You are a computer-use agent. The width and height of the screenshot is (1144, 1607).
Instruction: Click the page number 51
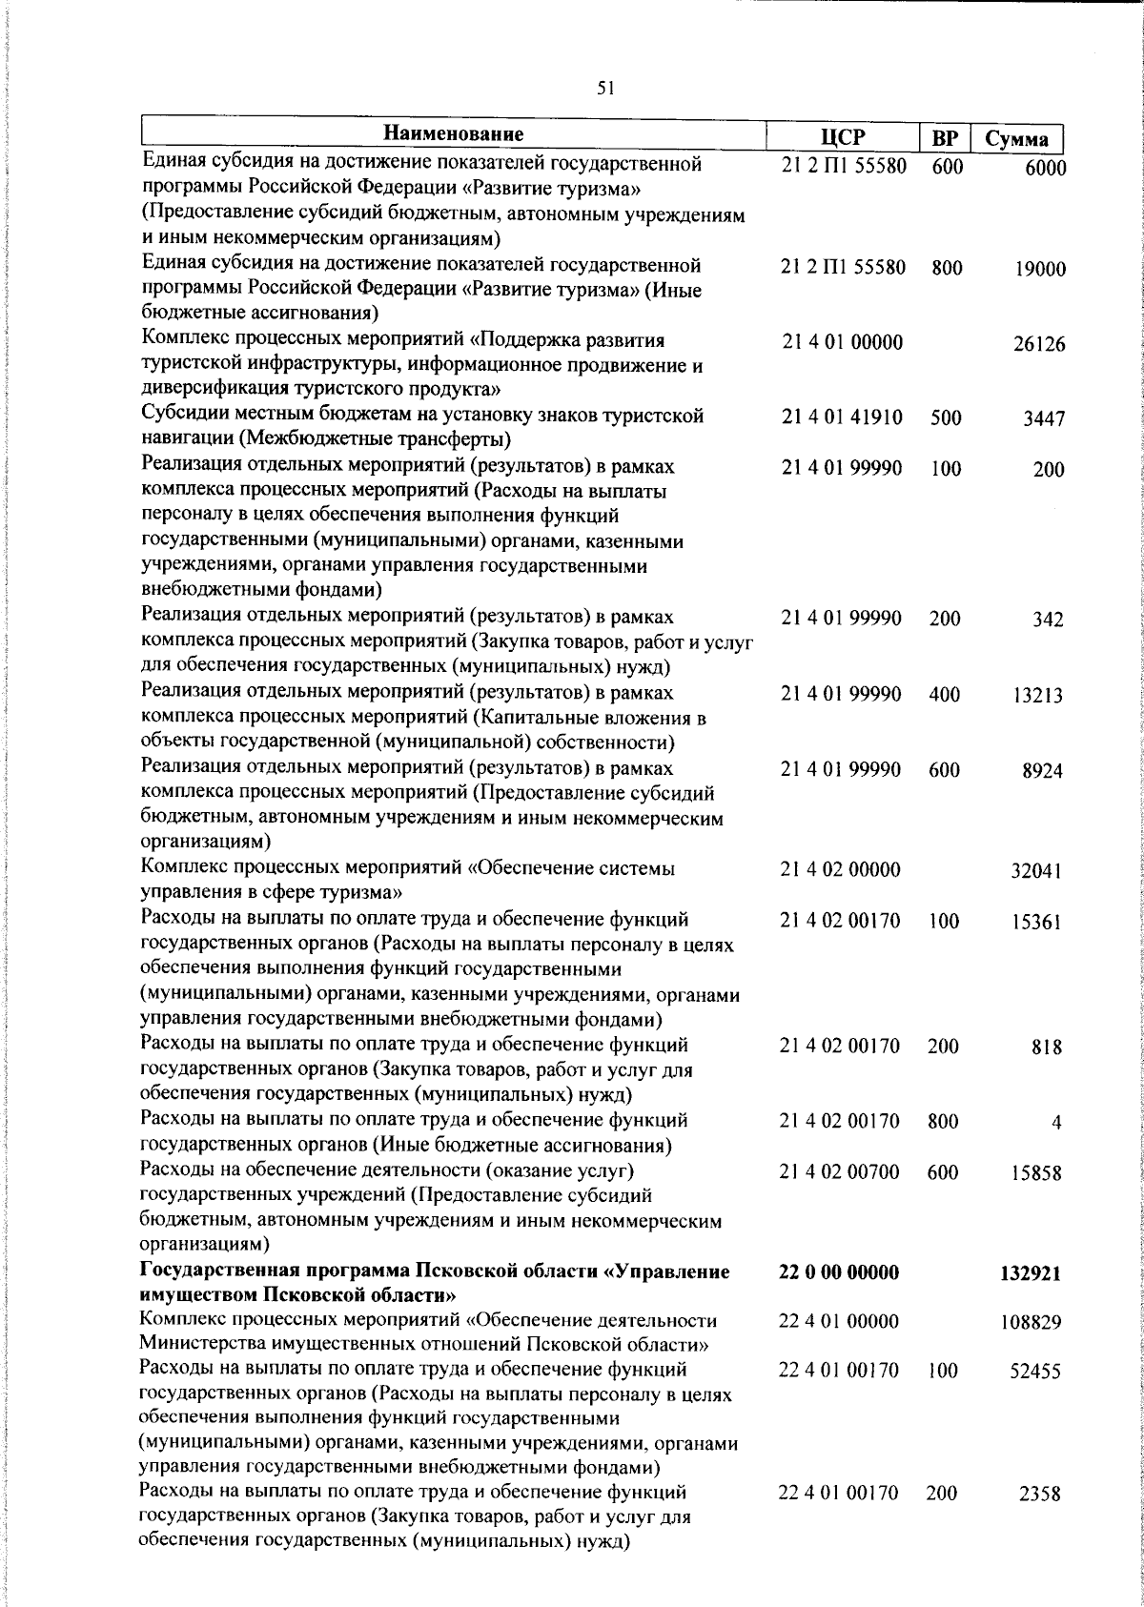click(x=604, y=89)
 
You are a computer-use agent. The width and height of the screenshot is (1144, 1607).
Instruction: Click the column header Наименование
click(x=454, y=133)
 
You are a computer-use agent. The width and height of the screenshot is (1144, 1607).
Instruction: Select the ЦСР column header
click(x=842, y=136)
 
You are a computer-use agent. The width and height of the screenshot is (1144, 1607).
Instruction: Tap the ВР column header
click(x=944, y=137)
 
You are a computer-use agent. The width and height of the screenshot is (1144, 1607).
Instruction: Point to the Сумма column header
click(x=1016, y=138)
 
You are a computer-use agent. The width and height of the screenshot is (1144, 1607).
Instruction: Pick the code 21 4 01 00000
click(x=842, y=342)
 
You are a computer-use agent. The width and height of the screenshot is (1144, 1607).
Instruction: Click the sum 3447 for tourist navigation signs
click(x=1044, y=418)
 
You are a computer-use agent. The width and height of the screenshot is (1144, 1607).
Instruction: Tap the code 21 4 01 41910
click(x=842, y=417)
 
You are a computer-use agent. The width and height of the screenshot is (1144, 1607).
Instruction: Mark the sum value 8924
click(x=1043, y=771)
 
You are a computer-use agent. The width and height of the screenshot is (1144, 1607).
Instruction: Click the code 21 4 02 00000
click(x=841, y=869)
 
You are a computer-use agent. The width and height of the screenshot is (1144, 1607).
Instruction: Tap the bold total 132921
click(x=1031, y=1274)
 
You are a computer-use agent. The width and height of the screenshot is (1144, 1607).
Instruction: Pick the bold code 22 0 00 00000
click(x=839, y=1272)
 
